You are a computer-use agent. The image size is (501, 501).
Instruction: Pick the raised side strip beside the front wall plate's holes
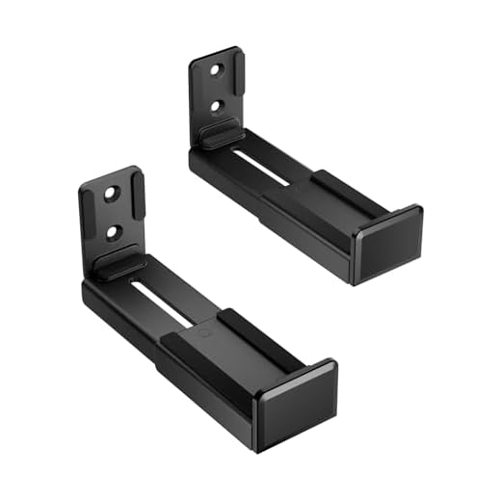(x=136, y=207)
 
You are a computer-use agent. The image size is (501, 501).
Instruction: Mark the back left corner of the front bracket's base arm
(x=87, y=289)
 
